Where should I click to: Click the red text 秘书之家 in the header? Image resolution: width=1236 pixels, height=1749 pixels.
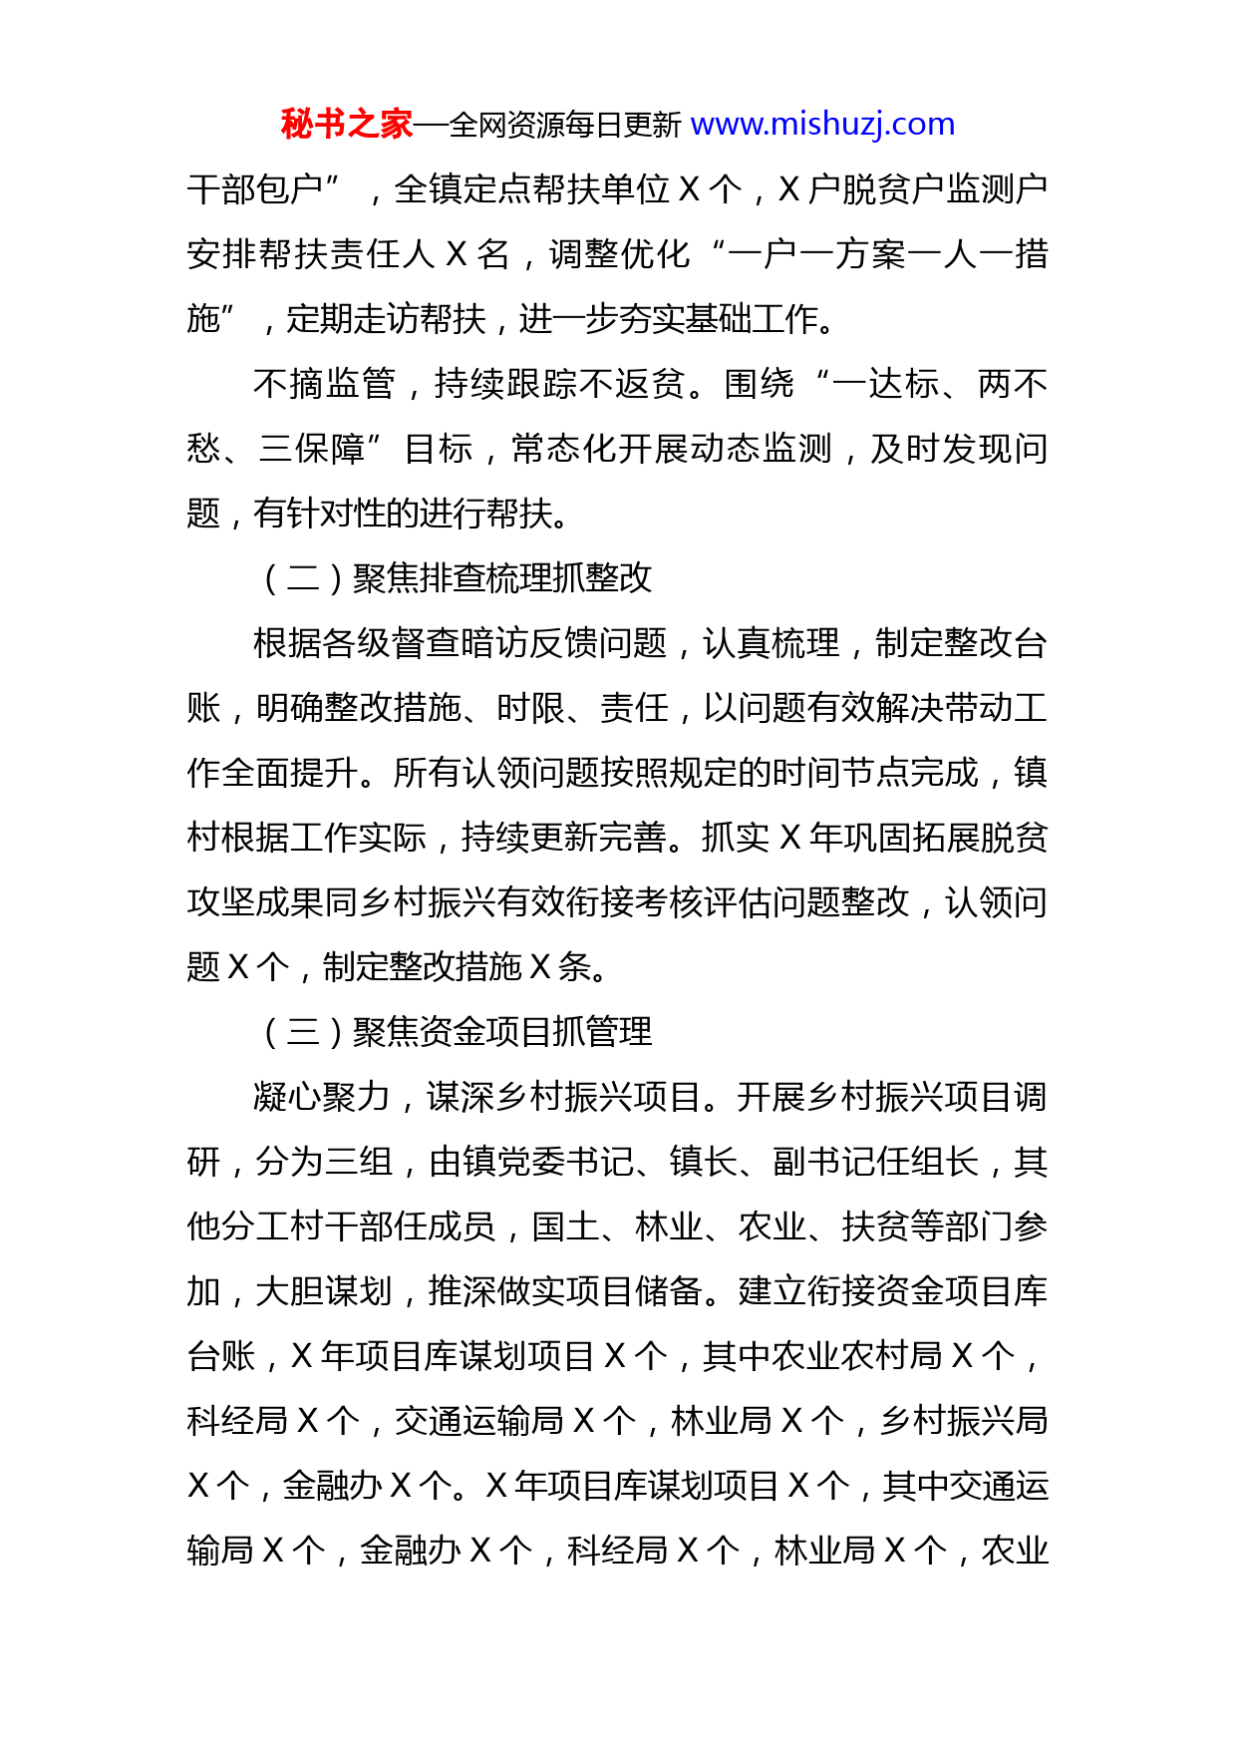pos(346,125)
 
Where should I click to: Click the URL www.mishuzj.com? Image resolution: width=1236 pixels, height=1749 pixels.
pos(822,125)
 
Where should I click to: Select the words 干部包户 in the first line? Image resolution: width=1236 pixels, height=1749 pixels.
pos(255,189)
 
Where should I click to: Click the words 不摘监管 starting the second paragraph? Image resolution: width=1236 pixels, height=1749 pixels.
pos(323,384)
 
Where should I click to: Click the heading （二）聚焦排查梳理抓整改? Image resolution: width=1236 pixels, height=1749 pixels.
pos(456,578)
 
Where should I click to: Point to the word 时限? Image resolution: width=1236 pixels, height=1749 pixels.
pos(530,708)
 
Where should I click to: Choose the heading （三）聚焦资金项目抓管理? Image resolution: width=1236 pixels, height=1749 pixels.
pos(456,1032)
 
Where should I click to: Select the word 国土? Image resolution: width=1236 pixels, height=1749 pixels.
pos(565,1226)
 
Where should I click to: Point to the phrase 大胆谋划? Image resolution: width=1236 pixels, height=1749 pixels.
pos(324,1291)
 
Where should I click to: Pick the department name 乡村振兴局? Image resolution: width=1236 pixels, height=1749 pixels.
pos(963,1421)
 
